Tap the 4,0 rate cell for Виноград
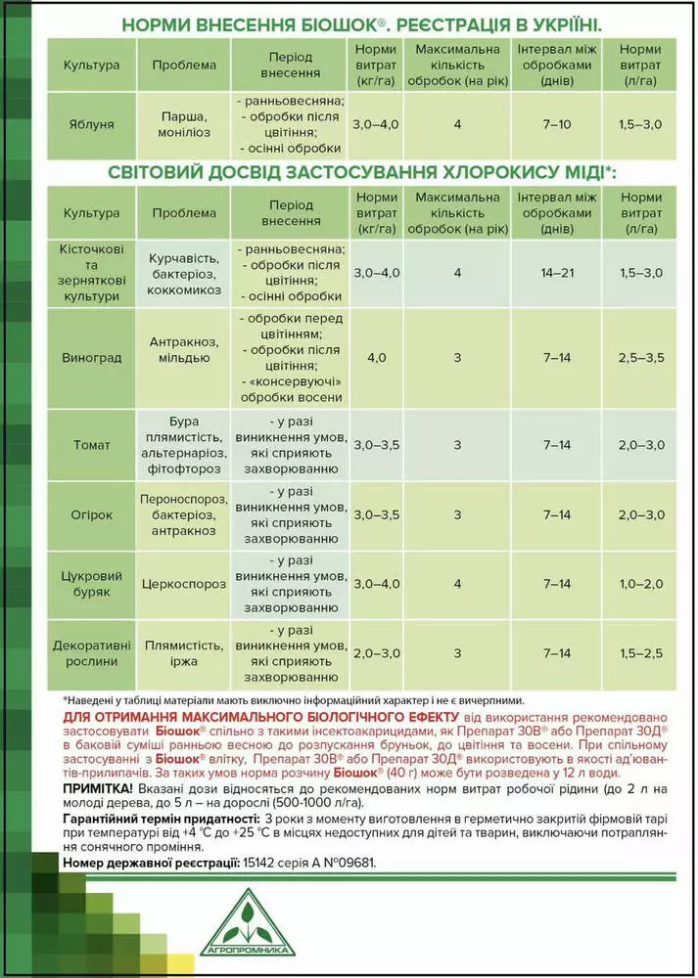[376, 358]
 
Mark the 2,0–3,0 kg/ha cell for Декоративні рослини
[376, 653]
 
